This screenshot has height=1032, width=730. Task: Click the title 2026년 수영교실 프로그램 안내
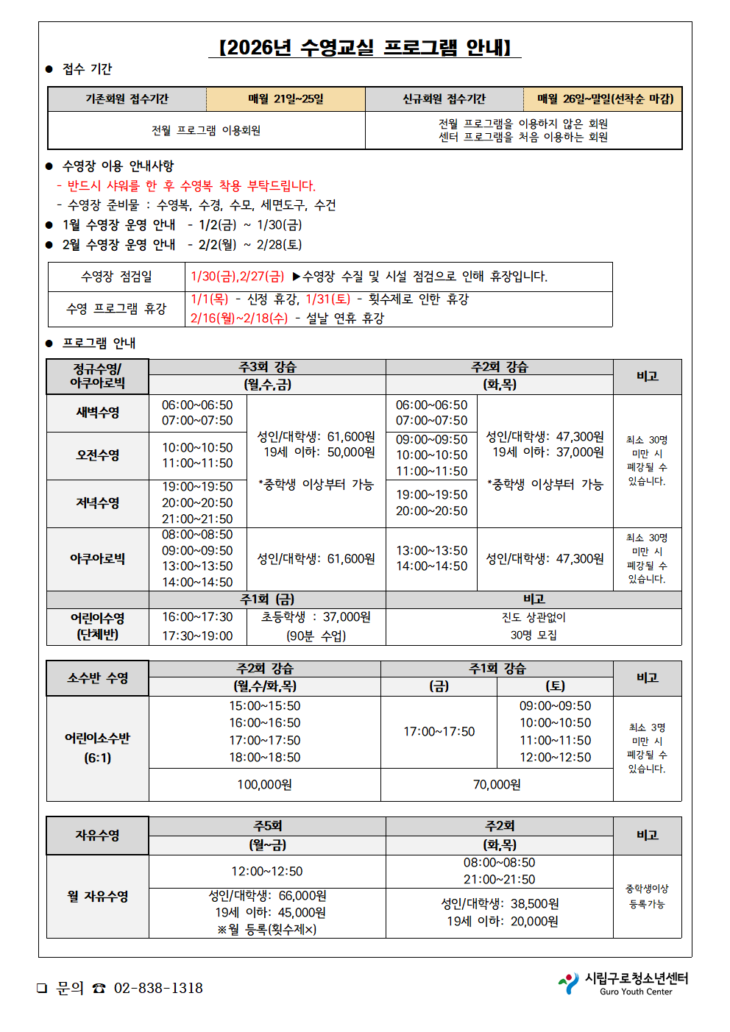click(365, 48)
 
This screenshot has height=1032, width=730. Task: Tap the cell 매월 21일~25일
click(286, 99)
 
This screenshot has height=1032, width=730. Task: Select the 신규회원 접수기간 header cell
click(444, 99)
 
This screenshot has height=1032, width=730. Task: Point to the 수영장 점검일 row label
click(116, 277)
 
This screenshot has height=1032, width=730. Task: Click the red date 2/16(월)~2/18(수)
click(239, 319)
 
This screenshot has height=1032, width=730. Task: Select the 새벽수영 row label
click(98, 413)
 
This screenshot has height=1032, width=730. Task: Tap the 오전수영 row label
click(98, 455)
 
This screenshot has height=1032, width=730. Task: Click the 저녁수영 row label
click(98, 503)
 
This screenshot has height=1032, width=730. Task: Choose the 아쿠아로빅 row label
click(98, 559)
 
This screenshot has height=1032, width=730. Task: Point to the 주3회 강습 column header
click(267, 367)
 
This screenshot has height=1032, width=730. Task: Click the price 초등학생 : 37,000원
click(316, 617)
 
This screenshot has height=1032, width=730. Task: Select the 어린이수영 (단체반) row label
click(98, 627)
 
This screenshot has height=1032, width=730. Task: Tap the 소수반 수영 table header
click(98, 678)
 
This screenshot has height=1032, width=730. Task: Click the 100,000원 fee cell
click(264, 785)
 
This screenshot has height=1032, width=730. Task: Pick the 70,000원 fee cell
click(497, 785)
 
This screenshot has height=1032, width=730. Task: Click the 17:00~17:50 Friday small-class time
click(439, 732)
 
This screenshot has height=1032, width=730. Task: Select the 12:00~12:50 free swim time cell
click(267, 872)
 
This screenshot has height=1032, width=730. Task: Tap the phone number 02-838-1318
click(158, 989)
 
